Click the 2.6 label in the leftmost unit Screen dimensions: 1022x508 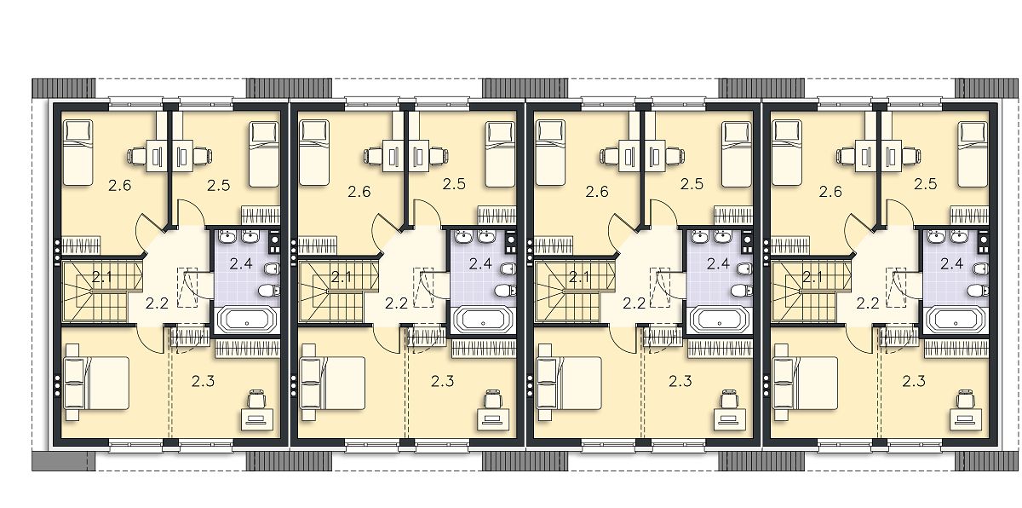click(x=120, y=185)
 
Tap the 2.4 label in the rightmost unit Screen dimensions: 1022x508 click(x=951, y=264)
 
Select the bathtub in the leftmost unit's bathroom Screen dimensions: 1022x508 click(x=247, y=319)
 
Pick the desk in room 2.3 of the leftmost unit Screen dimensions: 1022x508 click(x=257, y=419)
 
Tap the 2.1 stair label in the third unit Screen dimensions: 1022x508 click(x=579, y=277)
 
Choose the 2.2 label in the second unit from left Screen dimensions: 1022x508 click(x=396, y=303)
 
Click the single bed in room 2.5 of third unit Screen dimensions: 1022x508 click(x=736, y=154)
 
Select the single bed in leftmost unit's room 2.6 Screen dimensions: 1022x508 click(x=78, y=153)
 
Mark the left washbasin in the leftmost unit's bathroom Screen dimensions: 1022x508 click(x=227, y=237)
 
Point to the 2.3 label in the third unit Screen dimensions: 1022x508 click(x=680, y=381)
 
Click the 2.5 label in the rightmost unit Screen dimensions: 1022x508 click(x=925, y=184)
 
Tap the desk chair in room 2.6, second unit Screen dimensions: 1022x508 click(x=372, y=157)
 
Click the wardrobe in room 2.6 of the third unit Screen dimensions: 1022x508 click(x=554, y=245)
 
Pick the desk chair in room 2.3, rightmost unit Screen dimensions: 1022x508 click(x=965, y=399)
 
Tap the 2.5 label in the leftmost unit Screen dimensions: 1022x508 click(x=219, y=185)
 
